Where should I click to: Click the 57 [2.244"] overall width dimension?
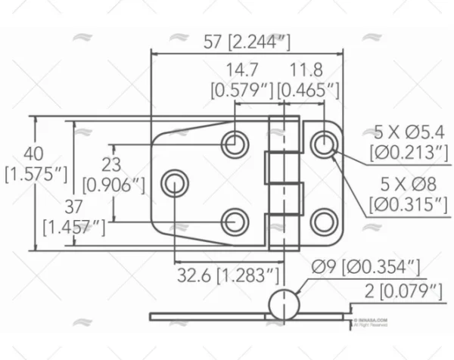tap(247, 42)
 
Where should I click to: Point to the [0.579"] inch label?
tap(241, 91)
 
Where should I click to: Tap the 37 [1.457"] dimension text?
tap(74, 216)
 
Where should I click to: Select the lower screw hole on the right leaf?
tap(324, 221)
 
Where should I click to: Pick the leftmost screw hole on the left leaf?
tap(175, 182)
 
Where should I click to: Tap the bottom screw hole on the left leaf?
tap(235, 221)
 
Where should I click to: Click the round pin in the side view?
tap(284, 304)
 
